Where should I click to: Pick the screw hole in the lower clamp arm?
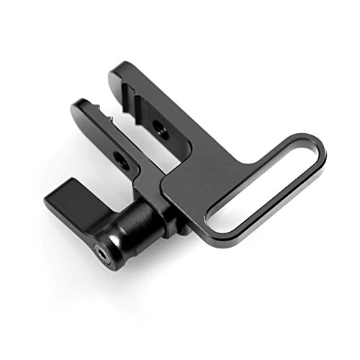[120, 161]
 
